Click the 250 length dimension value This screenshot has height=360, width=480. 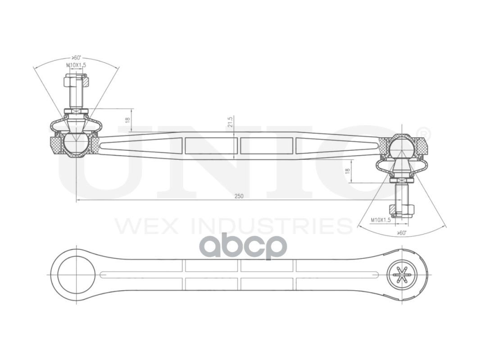click(239, 196)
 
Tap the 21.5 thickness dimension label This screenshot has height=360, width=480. click(230, 122)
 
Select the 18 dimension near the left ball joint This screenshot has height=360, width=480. click(128, 120)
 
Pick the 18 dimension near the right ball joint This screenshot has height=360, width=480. click(347, 171)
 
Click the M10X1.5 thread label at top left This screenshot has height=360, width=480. click(76, 65)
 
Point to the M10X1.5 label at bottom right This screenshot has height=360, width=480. click(380, 220)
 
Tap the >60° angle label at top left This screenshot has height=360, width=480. click(76, 58)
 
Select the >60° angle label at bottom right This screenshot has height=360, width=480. click(402, 233)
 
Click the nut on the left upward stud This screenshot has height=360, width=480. click(76, 82)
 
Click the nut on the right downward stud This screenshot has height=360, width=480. click(402, 210)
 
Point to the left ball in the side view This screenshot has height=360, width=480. click(76, 143)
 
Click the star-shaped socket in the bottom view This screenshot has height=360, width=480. click(402, 274)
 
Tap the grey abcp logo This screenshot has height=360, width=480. click(243, 246)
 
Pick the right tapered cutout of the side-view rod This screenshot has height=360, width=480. click(337, 145)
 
